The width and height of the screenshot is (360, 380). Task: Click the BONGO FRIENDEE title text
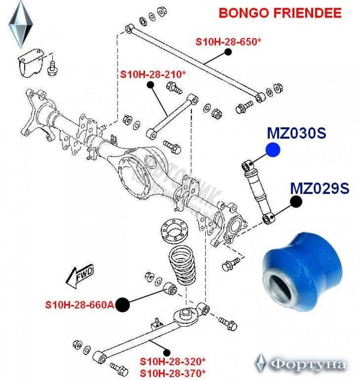pos(280,13)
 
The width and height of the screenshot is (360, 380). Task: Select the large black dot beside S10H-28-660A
pos(123,305)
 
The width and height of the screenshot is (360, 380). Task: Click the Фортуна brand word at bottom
pos(308,365)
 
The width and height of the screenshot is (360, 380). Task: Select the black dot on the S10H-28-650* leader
pos(228,52)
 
